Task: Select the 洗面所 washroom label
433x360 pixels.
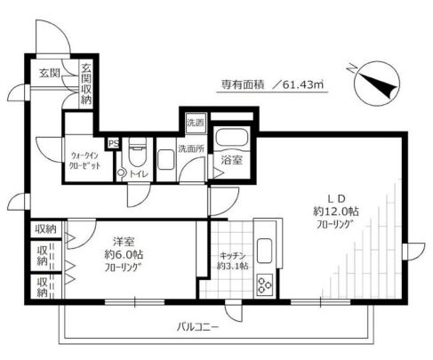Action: [x=190, y=148]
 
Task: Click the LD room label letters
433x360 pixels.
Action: [x=334, y=198]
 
